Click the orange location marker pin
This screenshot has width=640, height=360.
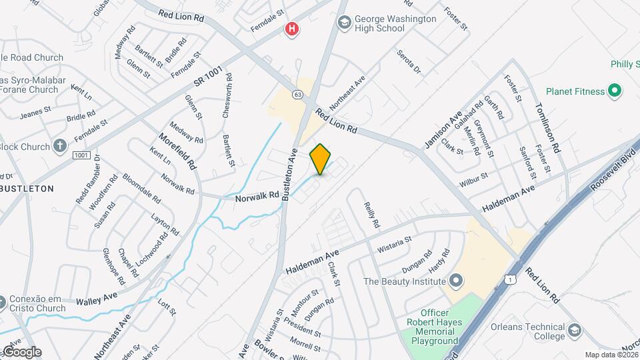coord(321,159)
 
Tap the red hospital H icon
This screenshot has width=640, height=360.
coord(291,29)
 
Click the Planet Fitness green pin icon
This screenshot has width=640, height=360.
coord(615,91)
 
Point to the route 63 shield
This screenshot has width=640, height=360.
coord(297,95)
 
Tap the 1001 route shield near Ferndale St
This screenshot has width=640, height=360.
coord(81,155)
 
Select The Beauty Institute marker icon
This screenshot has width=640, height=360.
coord(456,281)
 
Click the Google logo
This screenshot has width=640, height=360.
coord(21,352)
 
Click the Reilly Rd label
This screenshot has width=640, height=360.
coord(371,214)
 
